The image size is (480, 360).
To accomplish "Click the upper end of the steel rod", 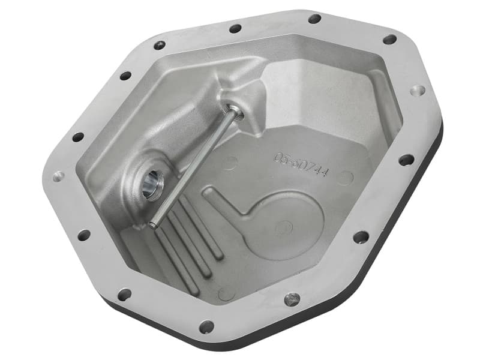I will coord(232,110).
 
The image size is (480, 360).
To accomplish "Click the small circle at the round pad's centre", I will coord(283,226).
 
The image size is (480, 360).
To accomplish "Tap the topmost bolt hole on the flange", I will coord(314,19).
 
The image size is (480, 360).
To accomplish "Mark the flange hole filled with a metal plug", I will coord(292,298).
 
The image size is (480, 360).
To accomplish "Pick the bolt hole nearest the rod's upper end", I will coord(235,28).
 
